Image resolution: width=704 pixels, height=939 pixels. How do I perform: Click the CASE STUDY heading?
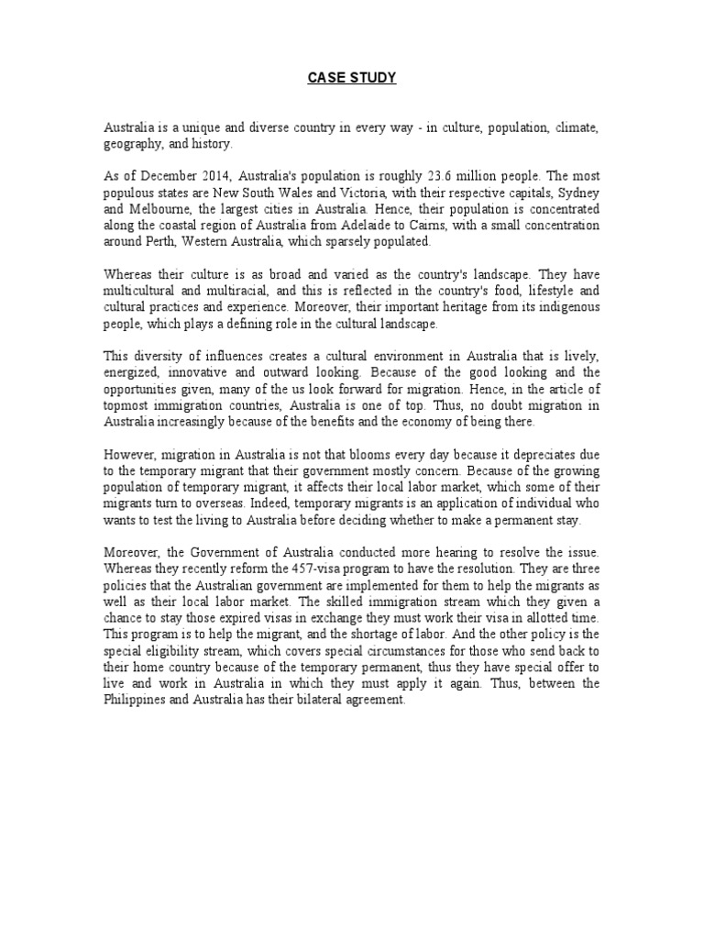point(352,79)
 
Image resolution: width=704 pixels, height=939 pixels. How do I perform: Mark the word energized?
point(130,373)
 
